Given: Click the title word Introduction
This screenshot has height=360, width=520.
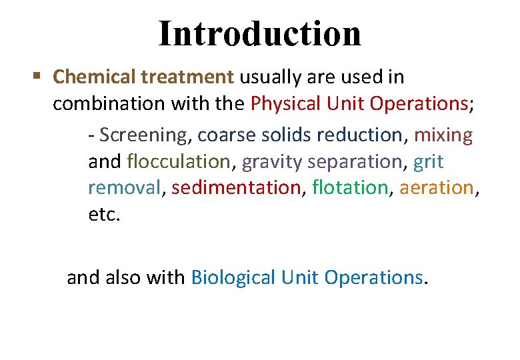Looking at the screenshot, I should click(x=260, y=33).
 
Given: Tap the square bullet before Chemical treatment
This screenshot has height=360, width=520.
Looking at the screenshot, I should click(x=38, y=77).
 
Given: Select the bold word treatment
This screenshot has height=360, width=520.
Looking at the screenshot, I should click(x=187, y=77).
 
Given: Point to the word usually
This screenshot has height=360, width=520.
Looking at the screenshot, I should click(x=273, y=77).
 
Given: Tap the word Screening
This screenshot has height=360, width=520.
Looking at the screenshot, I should click(x=145, y=135).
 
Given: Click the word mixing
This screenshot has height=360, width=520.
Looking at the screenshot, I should click(x=443, y=135).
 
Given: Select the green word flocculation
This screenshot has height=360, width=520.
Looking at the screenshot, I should click(x=178, y=161).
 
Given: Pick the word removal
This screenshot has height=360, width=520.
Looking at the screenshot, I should click(x=125, y=188).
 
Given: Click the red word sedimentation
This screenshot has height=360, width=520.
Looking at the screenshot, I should click(x=236, y=188).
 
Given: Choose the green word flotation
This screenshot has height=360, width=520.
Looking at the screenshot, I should click(x=349, y=188).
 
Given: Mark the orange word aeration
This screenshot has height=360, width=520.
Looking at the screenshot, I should click(x=436, y=188).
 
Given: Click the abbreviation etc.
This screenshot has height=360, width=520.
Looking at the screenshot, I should click(x=104, y=215).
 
